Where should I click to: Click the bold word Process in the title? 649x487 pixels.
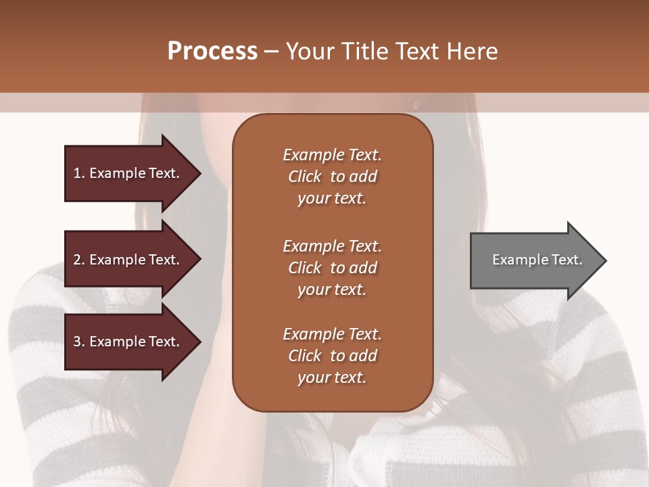[212, 51]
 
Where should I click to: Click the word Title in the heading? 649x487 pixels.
[364, 51]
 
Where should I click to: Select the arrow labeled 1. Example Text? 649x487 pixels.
[128, 173]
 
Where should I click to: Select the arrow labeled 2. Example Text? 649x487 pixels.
[128, 260]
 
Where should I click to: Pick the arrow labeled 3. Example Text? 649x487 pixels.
[128, 342]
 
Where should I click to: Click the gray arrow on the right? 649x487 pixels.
[534, 260]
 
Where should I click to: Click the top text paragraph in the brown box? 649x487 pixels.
[332, 177]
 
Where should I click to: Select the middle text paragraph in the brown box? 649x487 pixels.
[332, 268]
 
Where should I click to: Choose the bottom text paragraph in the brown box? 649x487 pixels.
[332, 356]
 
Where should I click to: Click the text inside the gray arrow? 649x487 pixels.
[537, 260]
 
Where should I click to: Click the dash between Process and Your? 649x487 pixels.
[272, 52]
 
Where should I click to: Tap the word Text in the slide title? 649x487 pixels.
[418, 51]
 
